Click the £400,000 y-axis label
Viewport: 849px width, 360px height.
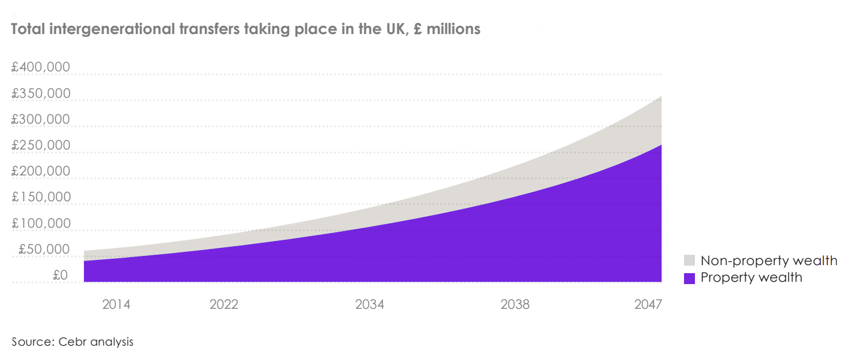click(40, 67)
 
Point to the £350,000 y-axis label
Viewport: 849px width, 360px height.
click(40, 93)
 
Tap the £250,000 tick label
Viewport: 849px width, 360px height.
click(40, 145)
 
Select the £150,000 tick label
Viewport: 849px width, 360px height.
click(40, 197)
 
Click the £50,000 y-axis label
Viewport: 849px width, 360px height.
click(44, 249)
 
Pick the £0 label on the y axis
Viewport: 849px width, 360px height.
click(60, 275)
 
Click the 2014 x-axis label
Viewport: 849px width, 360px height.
click(116, 304)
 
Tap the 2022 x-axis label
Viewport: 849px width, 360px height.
click(224, 304)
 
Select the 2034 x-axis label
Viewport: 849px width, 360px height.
click(370, 304)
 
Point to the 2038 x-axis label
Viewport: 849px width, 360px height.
click(515, 304)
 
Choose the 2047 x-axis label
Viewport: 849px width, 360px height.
click(648, 304)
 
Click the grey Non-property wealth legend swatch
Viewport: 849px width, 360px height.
click(690, 261)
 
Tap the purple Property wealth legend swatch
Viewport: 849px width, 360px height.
click(690, 278)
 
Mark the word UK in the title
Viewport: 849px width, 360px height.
click(385, 29)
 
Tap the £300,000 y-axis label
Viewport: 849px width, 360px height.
click(40, 119)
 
